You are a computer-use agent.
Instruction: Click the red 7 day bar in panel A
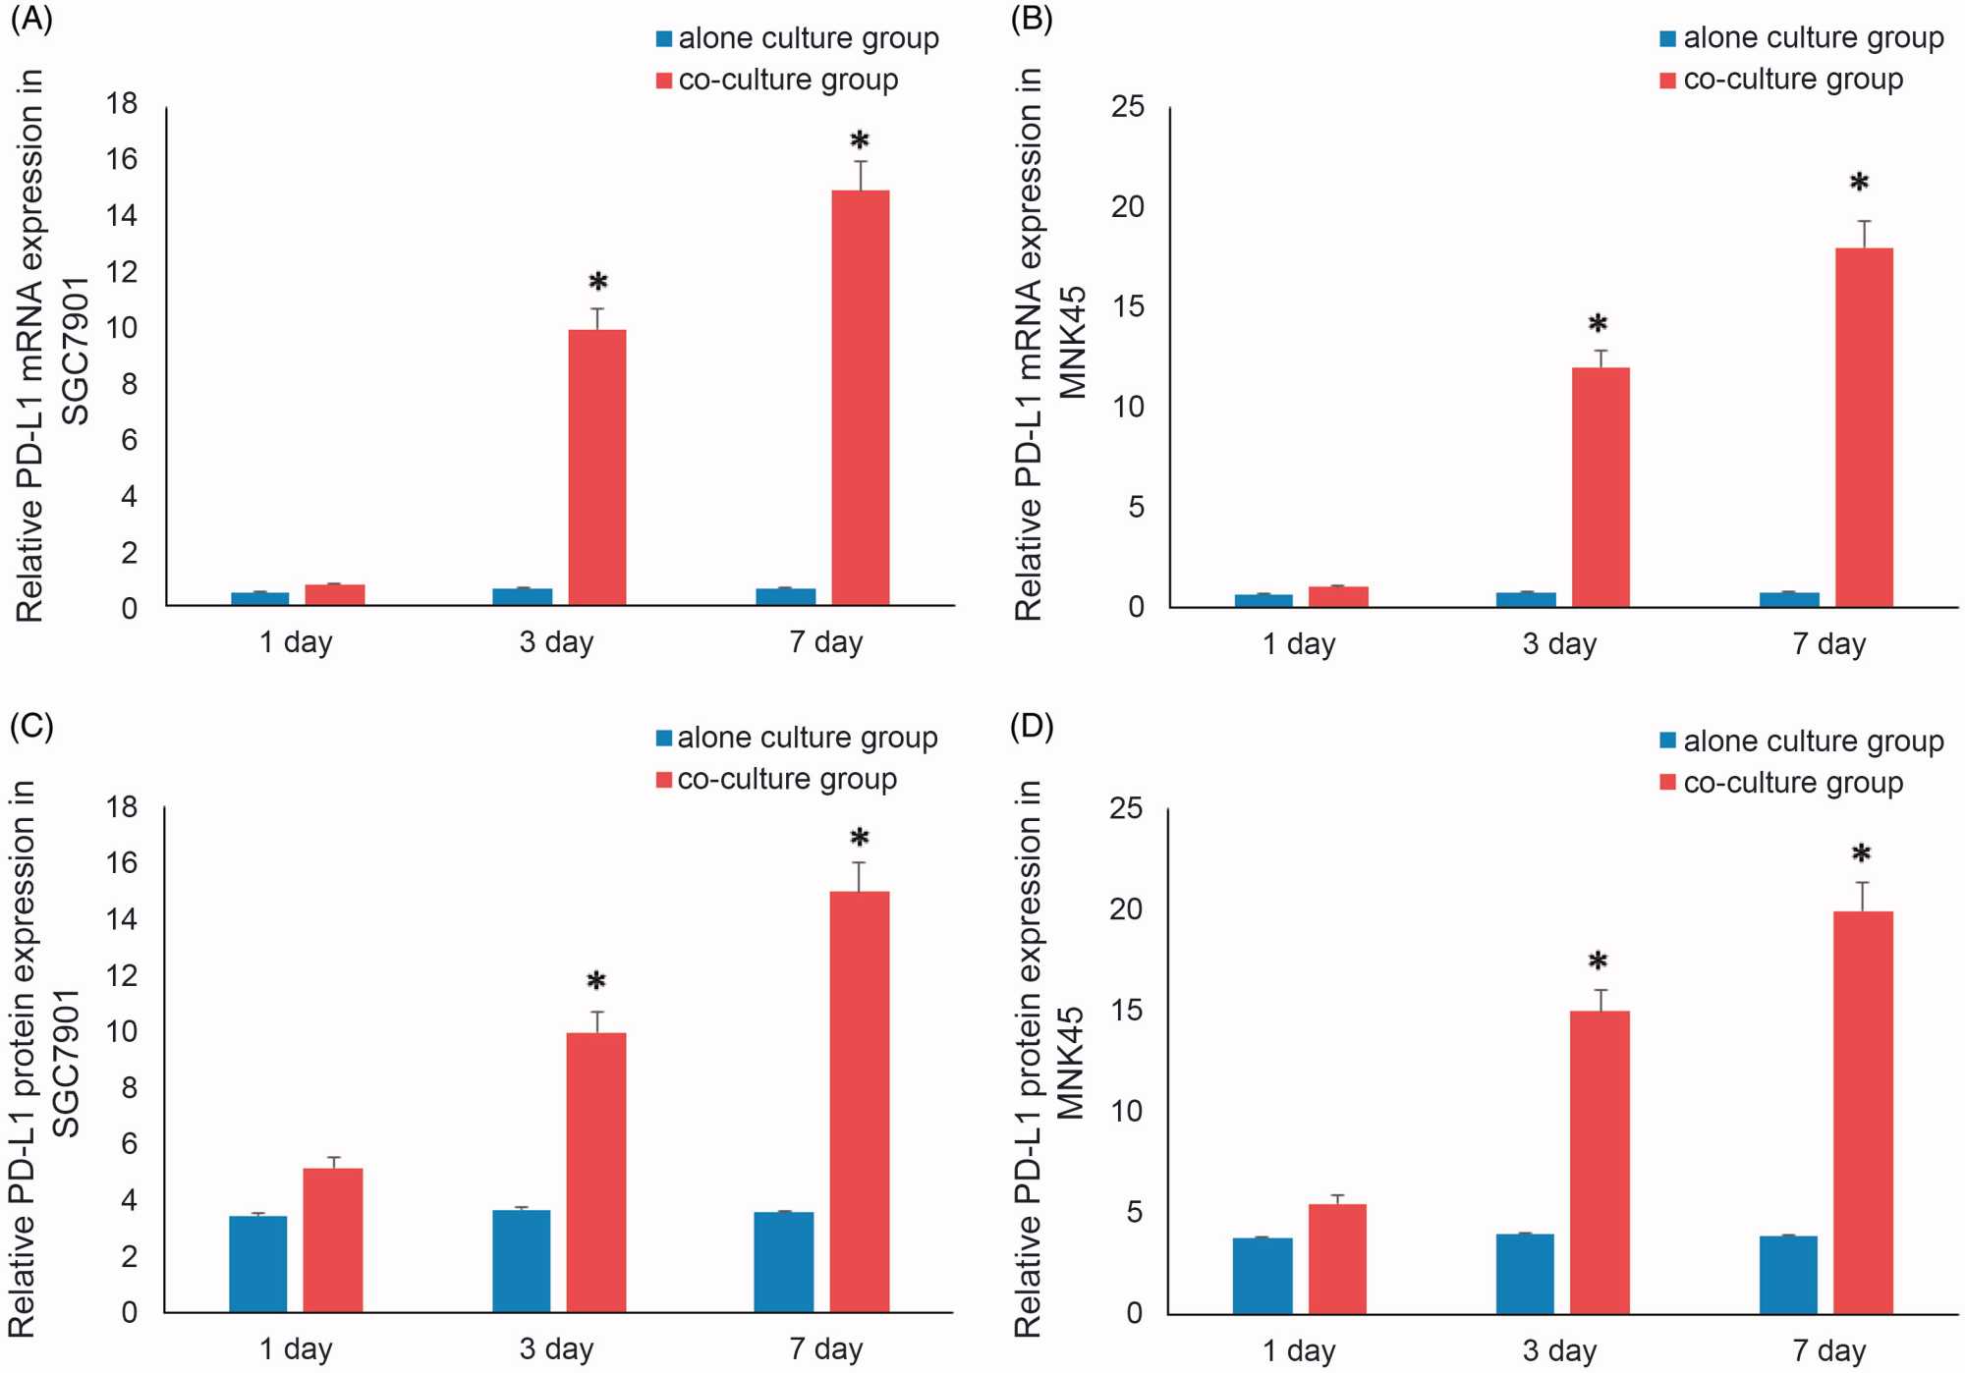(x=860, y=397)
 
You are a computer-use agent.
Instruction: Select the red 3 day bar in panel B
(x=1600, y=487)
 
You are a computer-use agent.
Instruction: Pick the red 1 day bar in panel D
(x=1337, y=1258)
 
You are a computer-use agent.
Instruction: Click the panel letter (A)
(x=30, y=20)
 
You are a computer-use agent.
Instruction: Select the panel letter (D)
(x=1032, y=726)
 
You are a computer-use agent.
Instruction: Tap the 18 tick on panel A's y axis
(x=123, y=103)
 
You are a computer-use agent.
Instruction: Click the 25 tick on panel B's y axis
(x=1129, y=106)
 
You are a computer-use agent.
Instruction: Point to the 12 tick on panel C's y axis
(x=123, y=975)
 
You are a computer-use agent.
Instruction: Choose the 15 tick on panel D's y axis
(x=1127, y=1011)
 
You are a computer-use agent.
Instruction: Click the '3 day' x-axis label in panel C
(x=556, y=1348)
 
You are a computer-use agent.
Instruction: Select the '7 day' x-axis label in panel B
(x=1828, y=644)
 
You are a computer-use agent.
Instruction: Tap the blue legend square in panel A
(x=664, y=39)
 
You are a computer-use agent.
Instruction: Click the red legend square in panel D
(x=1667, y=783)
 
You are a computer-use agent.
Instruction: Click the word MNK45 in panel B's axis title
(x=1072, y=342)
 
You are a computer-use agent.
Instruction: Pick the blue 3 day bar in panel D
(x=1525, y=1273)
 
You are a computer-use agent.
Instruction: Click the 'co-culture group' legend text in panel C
(x=787, y=780)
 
